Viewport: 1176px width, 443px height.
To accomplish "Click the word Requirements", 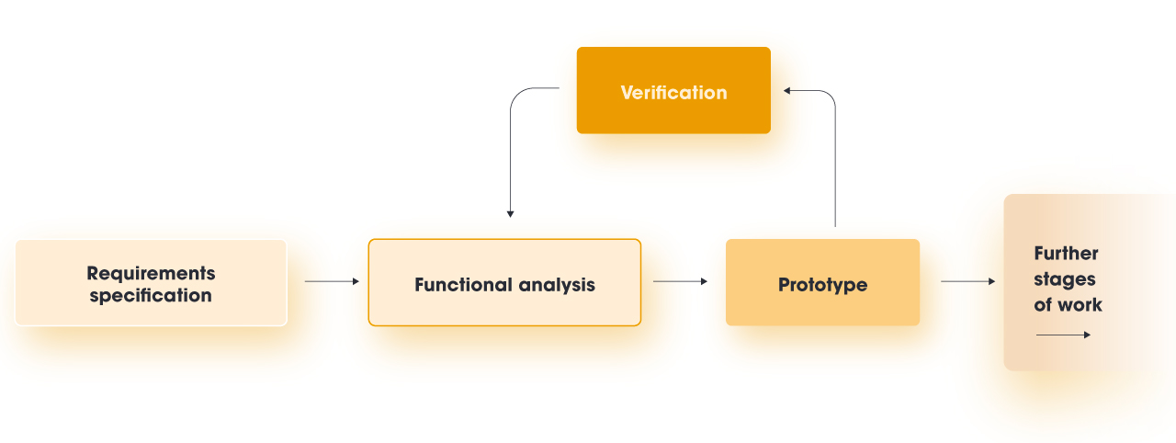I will [151, 273].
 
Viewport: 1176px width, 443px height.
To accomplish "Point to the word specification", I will [151, 296].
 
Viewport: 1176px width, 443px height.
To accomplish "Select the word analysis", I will [557, 285].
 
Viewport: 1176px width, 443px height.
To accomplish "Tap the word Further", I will [1066, 254].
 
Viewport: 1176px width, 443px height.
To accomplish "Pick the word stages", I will [1064, 279].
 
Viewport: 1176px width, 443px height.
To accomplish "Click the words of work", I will [1068, 305].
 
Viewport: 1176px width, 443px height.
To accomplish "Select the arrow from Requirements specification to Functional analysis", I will [332, 281].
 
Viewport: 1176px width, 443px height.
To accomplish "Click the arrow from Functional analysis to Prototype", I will [680, 281].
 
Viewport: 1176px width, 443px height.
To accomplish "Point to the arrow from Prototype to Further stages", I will [967, 281].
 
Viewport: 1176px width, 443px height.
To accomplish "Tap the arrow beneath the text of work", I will [1063, 335].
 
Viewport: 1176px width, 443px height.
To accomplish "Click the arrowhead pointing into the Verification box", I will [787, 90].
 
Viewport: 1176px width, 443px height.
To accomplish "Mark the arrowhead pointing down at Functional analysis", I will [510, 213].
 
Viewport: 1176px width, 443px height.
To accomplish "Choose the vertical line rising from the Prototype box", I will [834, 175].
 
